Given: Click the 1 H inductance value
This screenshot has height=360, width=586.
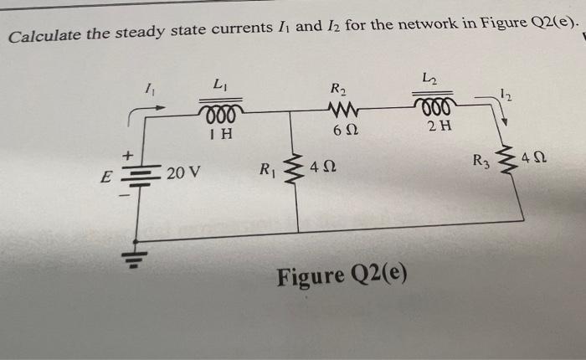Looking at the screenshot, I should pos(221,133).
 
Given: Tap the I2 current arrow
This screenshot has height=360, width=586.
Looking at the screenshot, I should pos(501,107).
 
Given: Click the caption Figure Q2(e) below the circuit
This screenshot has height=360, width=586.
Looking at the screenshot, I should pos(342,275).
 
